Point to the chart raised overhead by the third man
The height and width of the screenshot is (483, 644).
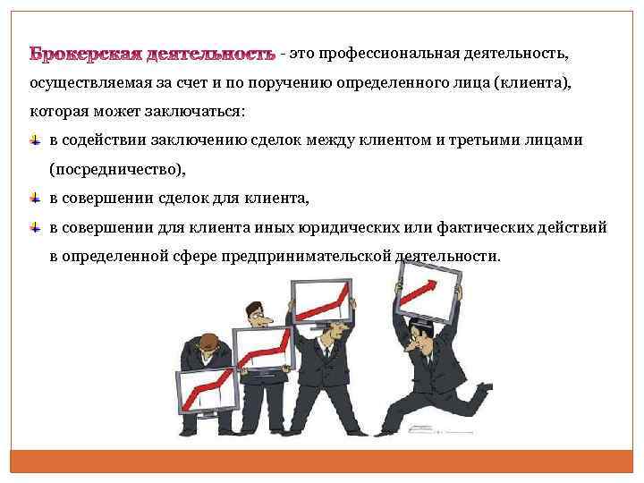[318, 300]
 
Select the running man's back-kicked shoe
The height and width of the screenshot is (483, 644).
[483, 388]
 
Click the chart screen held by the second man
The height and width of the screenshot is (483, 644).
[263, 350]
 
